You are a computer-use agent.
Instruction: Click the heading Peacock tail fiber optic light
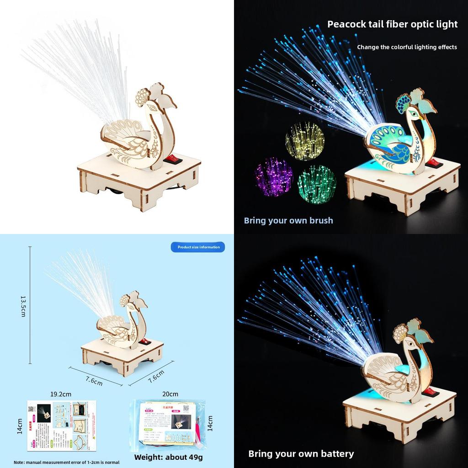[392, 24]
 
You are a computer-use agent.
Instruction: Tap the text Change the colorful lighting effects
[407, 47]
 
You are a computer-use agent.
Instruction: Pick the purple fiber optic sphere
[273, 177]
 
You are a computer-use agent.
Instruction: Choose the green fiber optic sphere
[317, 184]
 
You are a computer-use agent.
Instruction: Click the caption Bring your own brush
[288, 220]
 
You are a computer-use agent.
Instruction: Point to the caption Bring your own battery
[301, 453]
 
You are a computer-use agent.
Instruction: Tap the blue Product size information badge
[198, 247]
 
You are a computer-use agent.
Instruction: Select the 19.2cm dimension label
[61, 394]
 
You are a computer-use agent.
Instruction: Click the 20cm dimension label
[170, 394]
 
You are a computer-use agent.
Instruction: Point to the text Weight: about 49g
[168, 457]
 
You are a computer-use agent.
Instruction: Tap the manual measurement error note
[66, 462]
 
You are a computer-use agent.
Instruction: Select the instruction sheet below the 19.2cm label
[61, 425]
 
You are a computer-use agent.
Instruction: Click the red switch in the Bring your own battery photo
[430, 392]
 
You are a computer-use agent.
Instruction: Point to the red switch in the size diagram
[144, 341]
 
